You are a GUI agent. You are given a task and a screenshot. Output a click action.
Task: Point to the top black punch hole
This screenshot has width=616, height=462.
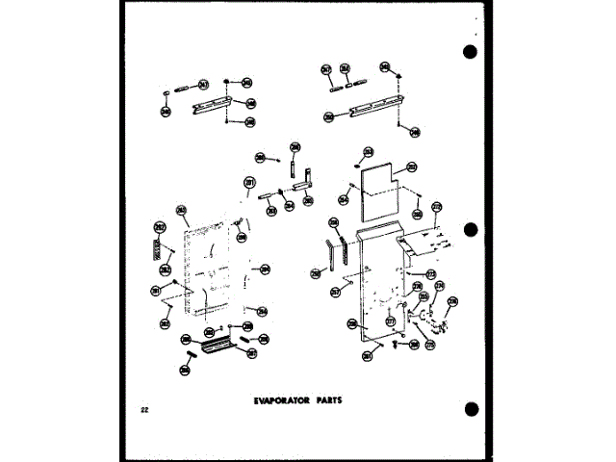pos(470,52)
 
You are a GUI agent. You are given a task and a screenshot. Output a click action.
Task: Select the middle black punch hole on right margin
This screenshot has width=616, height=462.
pos(470,231)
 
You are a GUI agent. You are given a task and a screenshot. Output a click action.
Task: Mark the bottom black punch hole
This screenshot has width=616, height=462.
pos(470,410)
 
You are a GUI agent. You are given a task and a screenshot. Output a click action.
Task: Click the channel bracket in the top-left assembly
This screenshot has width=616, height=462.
pos(212,102)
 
